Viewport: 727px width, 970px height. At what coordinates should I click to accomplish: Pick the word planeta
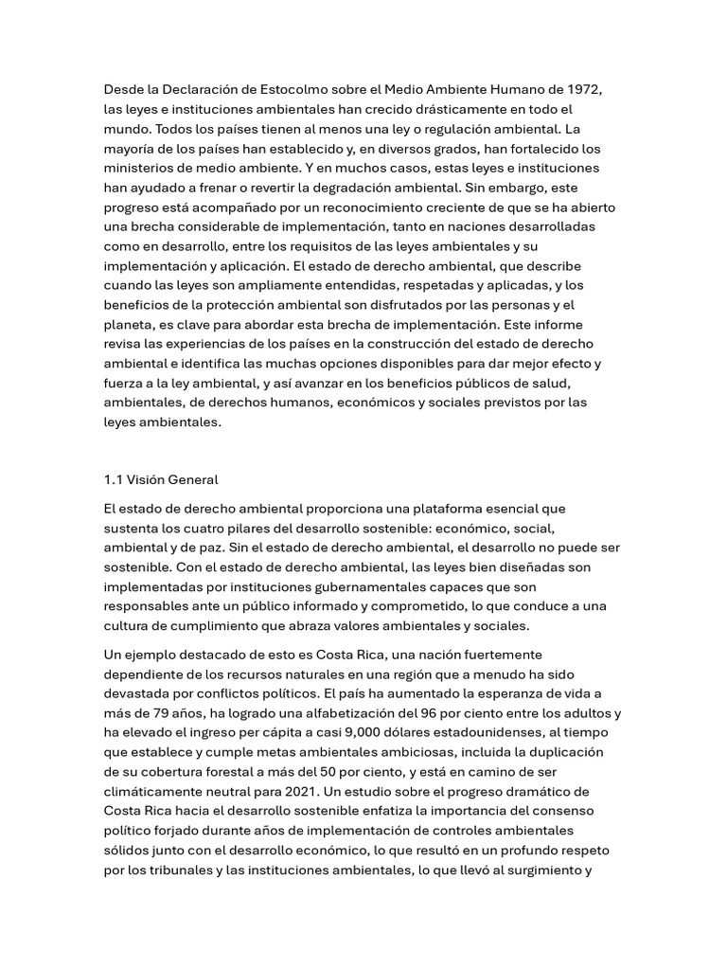pos(130,325)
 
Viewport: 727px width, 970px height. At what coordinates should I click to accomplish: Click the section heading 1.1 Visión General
pos(161,479)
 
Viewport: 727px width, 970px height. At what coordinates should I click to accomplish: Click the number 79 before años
pos(165,712)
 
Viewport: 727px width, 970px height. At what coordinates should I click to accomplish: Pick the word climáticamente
pos(156,791)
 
